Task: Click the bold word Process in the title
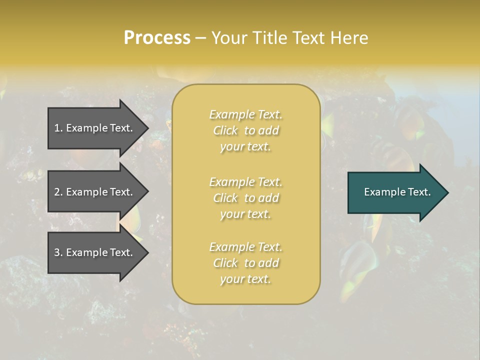157,37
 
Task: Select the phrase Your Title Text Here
289,38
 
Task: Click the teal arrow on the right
395,192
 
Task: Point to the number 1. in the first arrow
58,128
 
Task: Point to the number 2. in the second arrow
58,192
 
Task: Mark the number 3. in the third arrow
58,252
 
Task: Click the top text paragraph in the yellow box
245,130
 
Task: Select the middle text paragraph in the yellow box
245,198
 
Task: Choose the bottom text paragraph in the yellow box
245,263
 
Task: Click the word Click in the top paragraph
225,130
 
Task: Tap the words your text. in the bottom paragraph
245,279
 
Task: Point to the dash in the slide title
200,38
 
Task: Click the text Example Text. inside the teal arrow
397,192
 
